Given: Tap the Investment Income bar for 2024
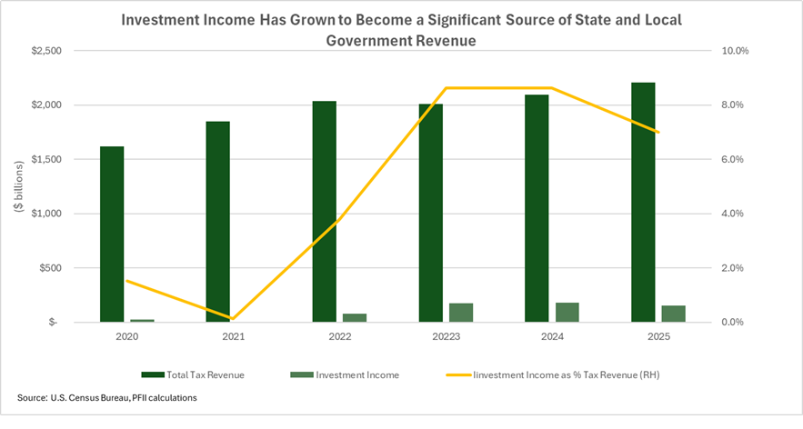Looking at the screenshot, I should coord(567,312).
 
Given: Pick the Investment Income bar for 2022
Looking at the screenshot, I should coord(355,317).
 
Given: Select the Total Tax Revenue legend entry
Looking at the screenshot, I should coord(194,374).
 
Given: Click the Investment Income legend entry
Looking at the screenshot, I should coord(345,374).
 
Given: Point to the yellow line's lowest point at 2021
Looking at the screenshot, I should coord(233,319).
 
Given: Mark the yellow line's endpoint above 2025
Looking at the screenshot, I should coord(658,133).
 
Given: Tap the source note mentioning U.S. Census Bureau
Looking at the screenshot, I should coord(106,398).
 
